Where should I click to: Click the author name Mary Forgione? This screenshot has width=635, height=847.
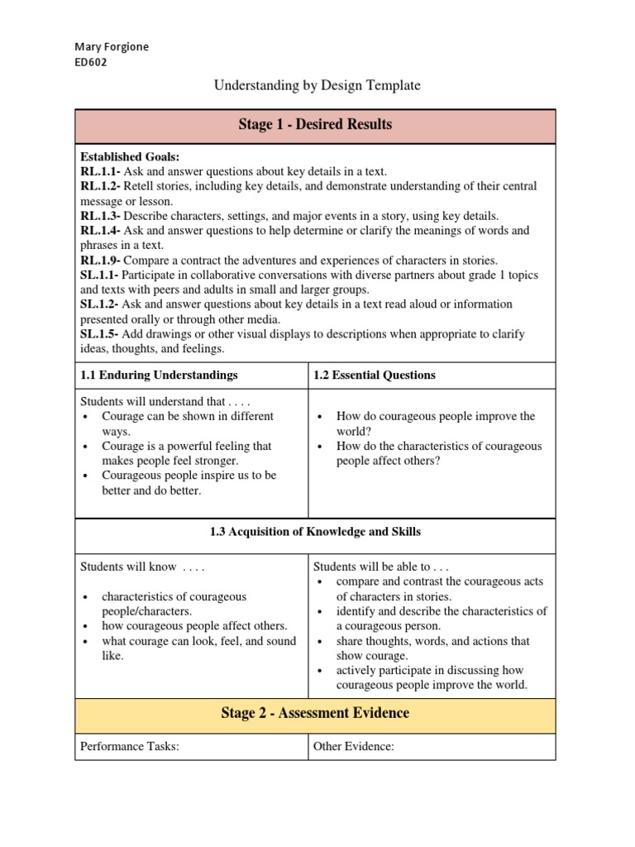tap(112, 47)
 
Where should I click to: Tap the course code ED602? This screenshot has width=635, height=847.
tap(91, 62)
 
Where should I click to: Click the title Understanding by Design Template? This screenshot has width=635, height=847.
tap(317, 85)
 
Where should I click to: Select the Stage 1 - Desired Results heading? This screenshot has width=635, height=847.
tap(315, 125)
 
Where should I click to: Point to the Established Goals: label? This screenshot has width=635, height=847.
tap(130, 156)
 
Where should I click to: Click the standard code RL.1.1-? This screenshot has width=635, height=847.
tap(100, 171)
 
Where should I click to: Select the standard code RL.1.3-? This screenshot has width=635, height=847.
tap(100, 216)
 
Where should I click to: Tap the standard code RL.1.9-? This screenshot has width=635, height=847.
tap(100, 261)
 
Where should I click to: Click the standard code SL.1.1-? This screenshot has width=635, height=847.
tap(99, 275)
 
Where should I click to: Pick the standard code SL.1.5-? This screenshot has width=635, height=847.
tap(99, 334)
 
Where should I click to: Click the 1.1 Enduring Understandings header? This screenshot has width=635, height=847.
tap(159, 375)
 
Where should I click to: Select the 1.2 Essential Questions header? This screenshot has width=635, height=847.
tap(375, 375)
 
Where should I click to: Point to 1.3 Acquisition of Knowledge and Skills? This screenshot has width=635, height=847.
tap(315, 531)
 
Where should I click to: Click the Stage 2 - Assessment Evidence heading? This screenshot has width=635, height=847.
tap(315, 713)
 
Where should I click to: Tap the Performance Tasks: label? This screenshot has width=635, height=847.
tap(130, 747)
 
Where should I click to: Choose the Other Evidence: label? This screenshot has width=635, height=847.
tap(354, 747)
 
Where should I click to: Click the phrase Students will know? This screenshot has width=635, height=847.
tap(128, 567)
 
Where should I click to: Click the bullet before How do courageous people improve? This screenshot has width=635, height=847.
tap(319, 417)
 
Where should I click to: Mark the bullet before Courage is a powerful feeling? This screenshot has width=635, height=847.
tap(85, 447)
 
